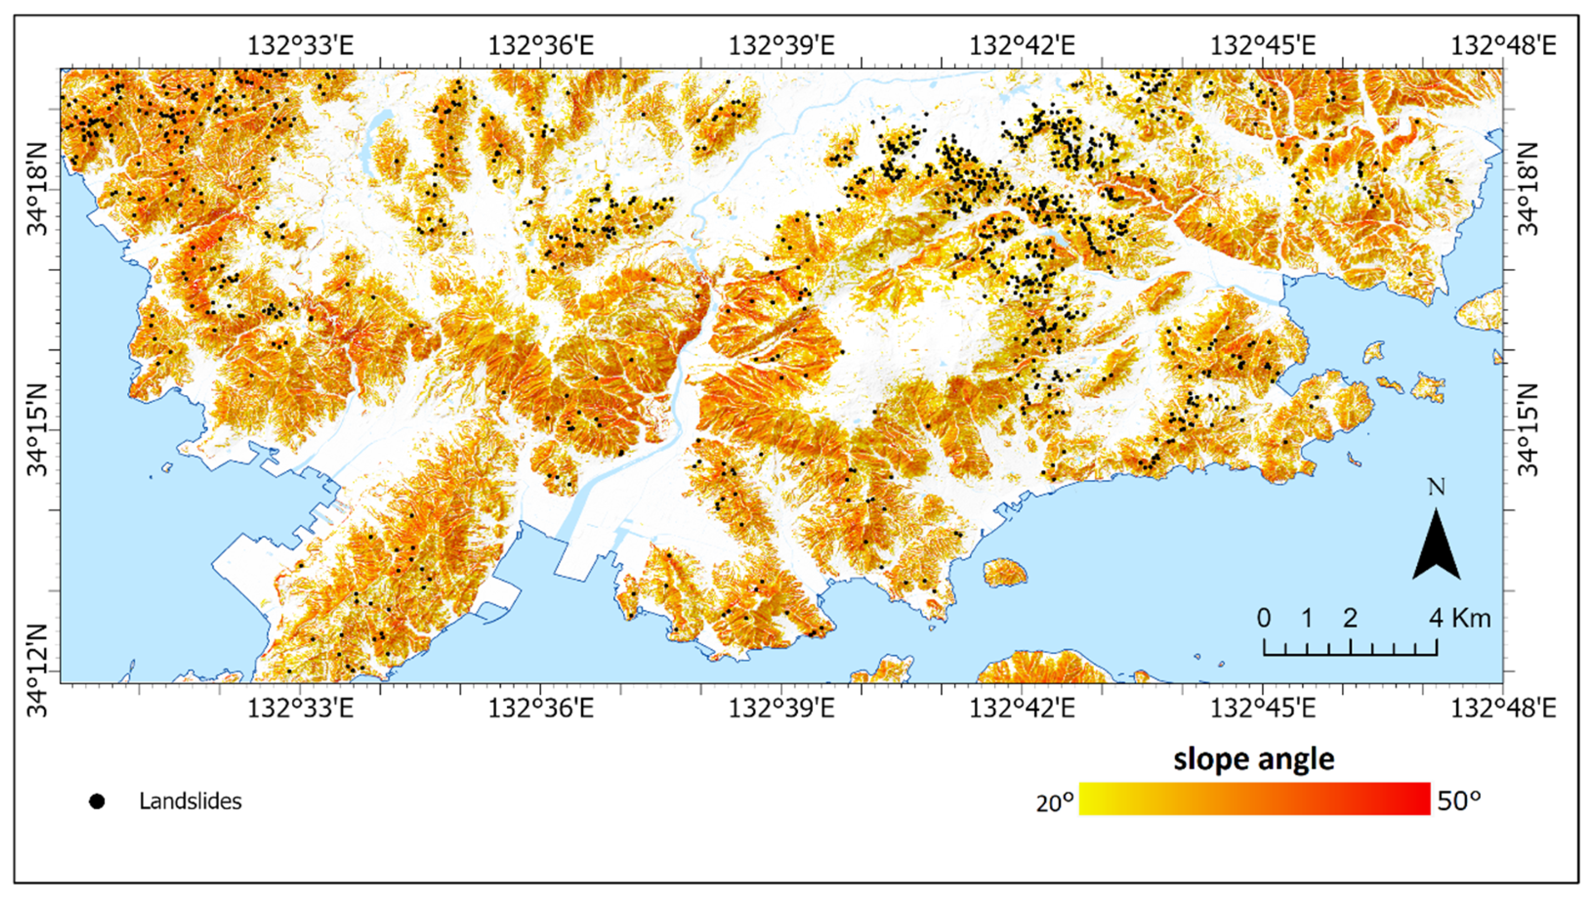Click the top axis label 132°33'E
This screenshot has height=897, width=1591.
301,46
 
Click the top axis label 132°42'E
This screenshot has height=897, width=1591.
1022,46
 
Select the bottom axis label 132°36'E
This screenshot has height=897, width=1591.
541,709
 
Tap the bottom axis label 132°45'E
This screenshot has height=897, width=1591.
1263,709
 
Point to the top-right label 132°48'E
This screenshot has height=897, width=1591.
1502,46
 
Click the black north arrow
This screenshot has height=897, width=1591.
1436,547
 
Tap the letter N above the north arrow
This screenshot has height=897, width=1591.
1436,487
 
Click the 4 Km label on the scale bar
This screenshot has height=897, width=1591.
1461,618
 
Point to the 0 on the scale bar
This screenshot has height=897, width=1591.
1264,618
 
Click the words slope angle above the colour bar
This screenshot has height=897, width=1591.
1254,758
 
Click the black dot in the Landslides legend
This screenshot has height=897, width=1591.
97,802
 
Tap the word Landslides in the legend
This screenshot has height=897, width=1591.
190,802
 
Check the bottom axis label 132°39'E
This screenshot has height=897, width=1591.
781,709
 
